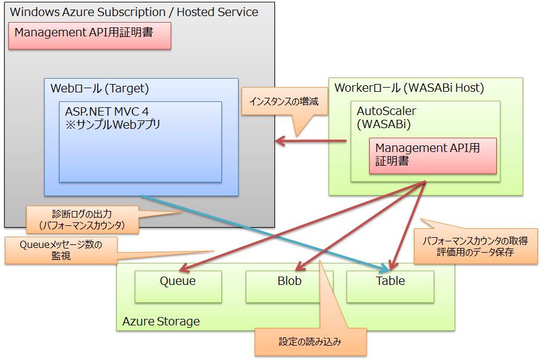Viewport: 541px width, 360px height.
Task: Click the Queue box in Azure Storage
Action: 178,286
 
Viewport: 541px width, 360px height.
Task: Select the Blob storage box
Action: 289,286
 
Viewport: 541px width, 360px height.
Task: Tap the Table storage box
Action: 390,286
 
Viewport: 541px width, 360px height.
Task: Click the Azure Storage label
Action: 161,322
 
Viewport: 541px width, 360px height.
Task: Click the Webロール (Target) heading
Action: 100,89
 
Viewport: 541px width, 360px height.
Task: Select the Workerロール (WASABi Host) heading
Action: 409,88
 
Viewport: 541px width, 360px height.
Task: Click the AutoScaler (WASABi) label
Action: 387,117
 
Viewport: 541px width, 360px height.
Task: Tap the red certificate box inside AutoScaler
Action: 432,154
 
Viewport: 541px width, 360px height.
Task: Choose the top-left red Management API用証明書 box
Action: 89,35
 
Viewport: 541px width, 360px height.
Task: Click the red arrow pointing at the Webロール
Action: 310,141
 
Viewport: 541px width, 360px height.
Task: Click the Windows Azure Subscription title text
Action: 135,12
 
